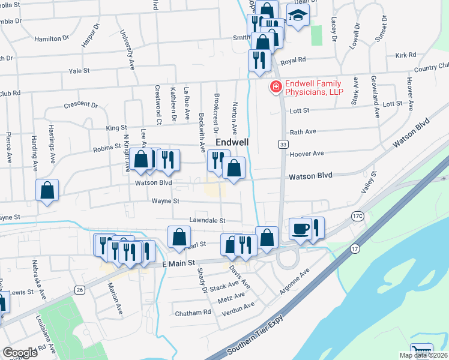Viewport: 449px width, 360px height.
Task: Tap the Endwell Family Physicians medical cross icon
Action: (x=276, y=88)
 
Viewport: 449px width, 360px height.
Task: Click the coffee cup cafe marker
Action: (x=300, y=229)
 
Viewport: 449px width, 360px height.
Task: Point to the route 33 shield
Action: (x=282, y=144)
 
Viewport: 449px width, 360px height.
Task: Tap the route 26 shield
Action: (x=80, y=289)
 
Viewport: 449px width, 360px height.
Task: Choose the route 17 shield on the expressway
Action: (x=355, y=248)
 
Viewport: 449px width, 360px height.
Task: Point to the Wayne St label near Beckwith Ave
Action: (x=166, y=202)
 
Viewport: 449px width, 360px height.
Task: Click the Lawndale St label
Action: (x=206, y=221)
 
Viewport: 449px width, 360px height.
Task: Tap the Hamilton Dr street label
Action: (x=56, y=38)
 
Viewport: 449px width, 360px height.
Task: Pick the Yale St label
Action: (x=79, y=70)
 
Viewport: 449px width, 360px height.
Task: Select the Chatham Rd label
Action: (x=193, y=313)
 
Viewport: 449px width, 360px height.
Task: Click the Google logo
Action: (x=20, y=352)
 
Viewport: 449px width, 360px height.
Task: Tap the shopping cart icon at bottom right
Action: (x=421, y=350)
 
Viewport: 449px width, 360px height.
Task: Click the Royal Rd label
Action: (x=294, y=60)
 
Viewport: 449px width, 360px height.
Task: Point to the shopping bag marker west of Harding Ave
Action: (x=47, y=191)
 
